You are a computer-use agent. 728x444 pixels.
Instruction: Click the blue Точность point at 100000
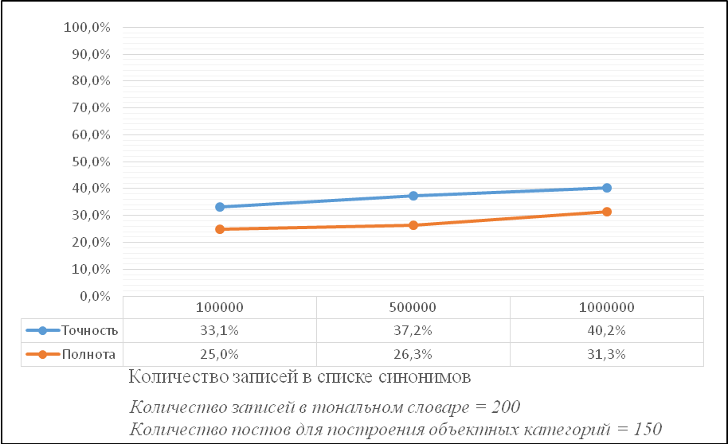click(220, 207)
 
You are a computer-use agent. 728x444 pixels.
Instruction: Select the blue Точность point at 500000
click(413, 196)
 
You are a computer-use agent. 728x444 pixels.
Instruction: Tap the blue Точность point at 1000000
click(607, 188)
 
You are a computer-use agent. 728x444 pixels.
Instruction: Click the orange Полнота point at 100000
click(220, 229)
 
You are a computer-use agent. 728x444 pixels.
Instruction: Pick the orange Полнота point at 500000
click(413, 225)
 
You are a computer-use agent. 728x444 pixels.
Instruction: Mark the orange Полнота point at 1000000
click(607, 212)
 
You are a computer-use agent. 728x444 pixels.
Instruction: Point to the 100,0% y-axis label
click(87, 27)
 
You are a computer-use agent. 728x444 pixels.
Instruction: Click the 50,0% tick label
click(91, 162)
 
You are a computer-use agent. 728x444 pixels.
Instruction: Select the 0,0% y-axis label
click(95, 296)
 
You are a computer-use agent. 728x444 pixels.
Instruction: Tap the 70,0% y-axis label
click(91, 108)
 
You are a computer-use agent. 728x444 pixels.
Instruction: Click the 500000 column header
click(413, 307)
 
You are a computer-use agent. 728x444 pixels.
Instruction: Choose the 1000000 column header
click(606, 307)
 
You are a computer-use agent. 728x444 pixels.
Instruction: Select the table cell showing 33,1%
click(220, 330)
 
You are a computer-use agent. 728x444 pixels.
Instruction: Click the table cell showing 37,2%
click(413, 330)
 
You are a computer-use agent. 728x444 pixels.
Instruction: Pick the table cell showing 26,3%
click(413, 354)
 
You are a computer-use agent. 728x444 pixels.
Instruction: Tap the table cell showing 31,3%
click(606, 354)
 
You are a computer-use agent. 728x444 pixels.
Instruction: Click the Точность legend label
click(90, 330)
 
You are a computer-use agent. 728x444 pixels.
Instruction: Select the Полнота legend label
click(88, 354)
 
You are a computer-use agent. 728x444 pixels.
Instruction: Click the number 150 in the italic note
click(648, 429)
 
